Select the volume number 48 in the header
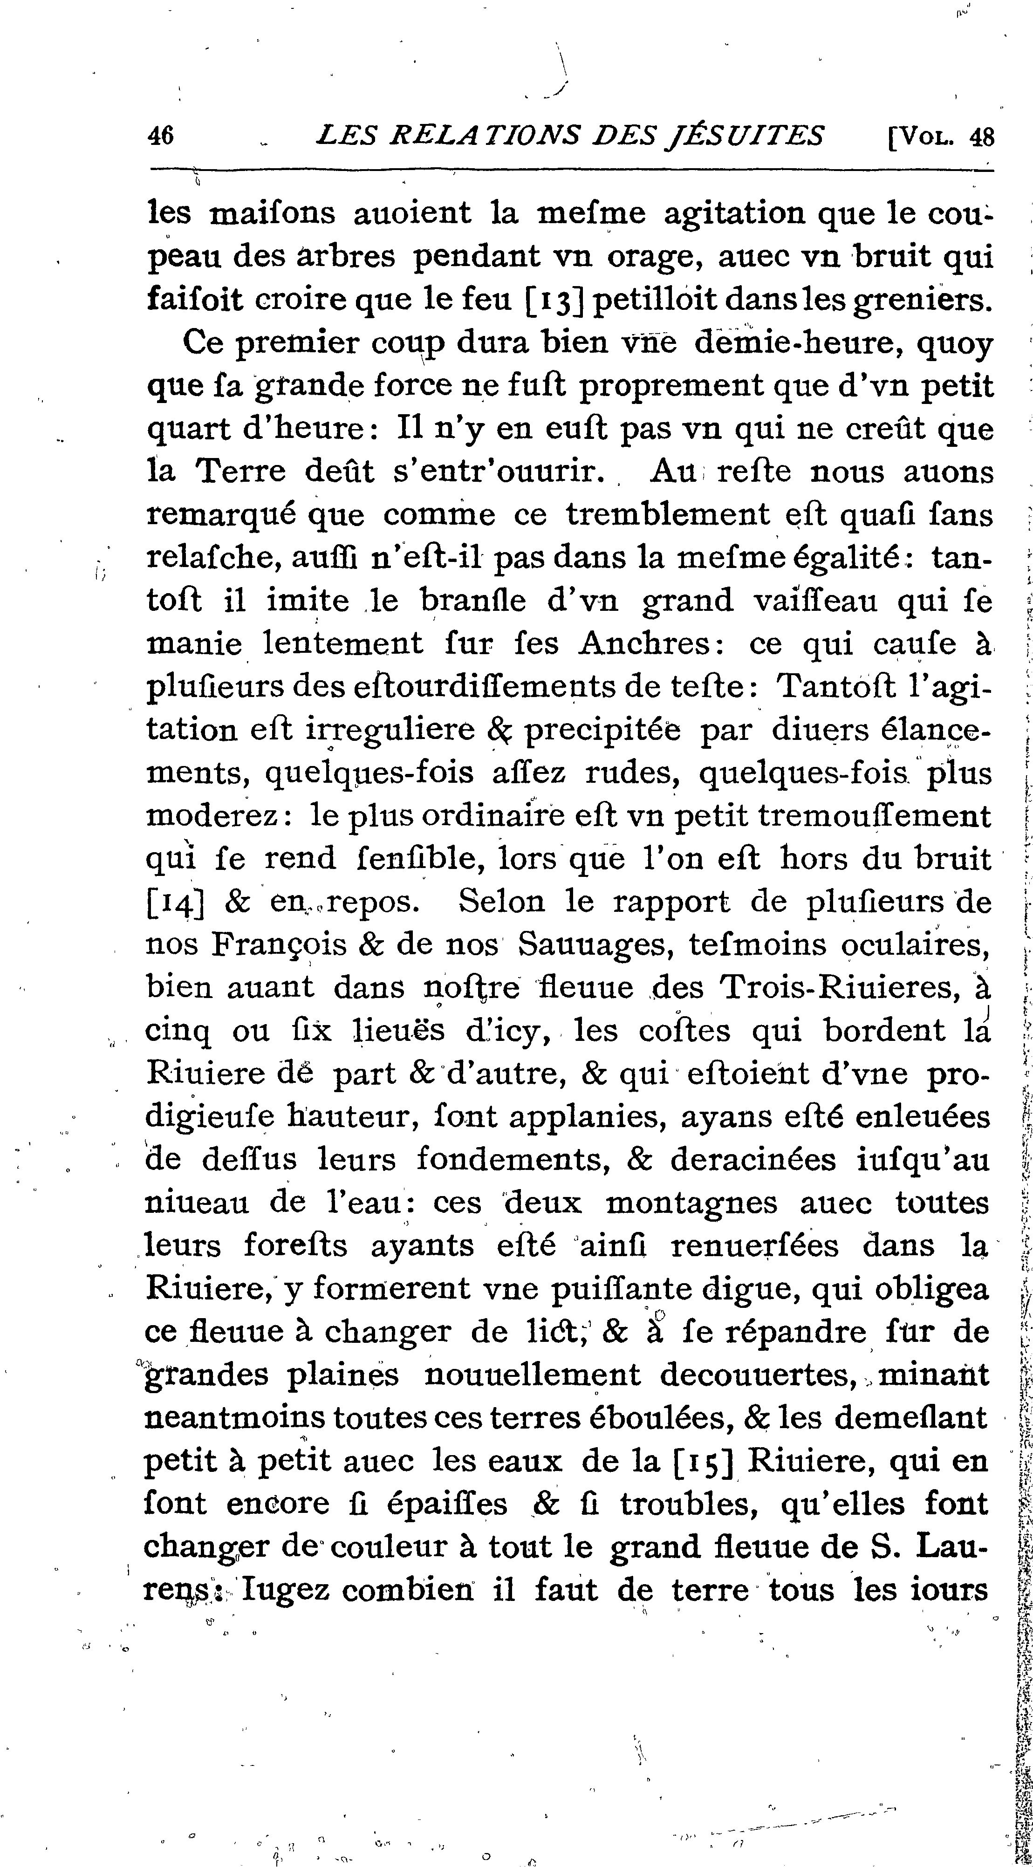tap(981, 137)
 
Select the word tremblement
tap(668, 514)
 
